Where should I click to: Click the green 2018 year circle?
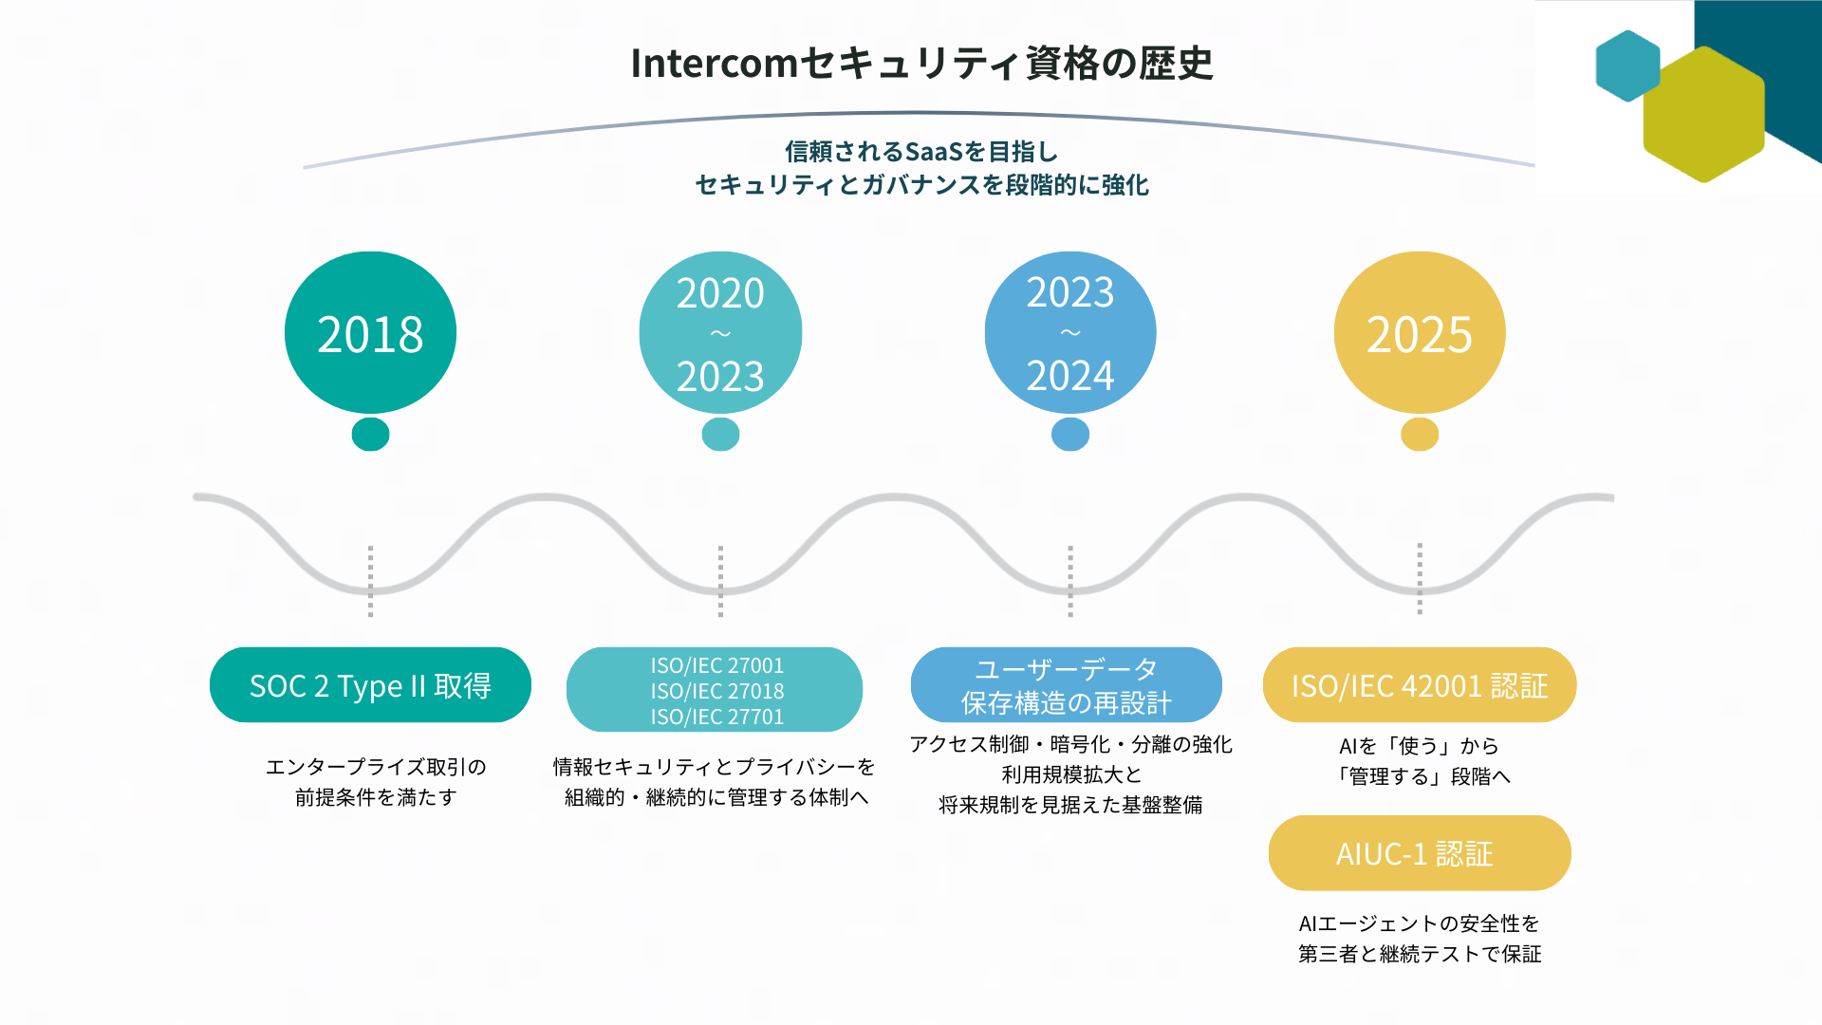(x=370, y=333)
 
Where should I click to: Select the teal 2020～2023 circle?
(x=720, y=333)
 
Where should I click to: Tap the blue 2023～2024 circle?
(x=1070, y=333)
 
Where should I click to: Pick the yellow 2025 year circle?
(x=1420, y=333)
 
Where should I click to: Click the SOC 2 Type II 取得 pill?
(x=370, y=685)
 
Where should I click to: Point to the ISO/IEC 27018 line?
(x=717, y=691)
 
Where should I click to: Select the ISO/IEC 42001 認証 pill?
(x=1420, y=685)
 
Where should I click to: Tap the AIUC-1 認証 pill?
(x=1420, y=853)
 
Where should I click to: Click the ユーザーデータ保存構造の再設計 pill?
(x=1067, y=685)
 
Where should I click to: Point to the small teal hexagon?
(x=1627, y=65)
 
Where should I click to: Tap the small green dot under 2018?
(x=370, y=435)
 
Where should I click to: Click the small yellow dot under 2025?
(x=1420, y=435)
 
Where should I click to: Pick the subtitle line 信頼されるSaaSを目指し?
(x=921, y=152)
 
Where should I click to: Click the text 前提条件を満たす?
(x=376, y=797)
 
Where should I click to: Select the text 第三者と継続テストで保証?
(x=1420, y=954)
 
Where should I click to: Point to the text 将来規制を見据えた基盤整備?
(x=1070, y=805)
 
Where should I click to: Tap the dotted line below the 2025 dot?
(x=1420, y=579)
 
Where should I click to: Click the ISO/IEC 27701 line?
(x=717, y=717)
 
